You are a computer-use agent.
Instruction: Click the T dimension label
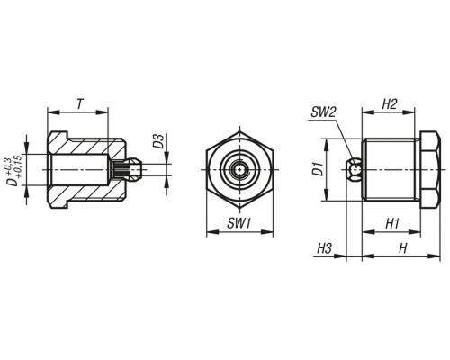pyautogui.click(x=79, y=104)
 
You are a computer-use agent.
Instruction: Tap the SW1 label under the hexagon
pyautogui.click(x=238, y=223)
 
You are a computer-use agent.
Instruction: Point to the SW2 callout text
pyautogui.click(x=323, y=112)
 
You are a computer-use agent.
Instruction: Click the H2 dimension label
pyautogui.click(x=390, y=104)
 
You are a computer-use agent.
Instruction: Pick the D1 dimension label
pyautogui.click(x=319, y=169)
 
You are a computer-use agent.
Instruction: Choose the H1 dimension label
pyautogui.click(x=392, y=223)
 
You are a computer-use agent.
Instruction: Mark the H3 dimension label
pyautogui.click(x=324, y=248)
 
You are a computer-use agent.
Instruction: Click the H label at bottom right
pyautogui.click(x=402, y=248)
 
